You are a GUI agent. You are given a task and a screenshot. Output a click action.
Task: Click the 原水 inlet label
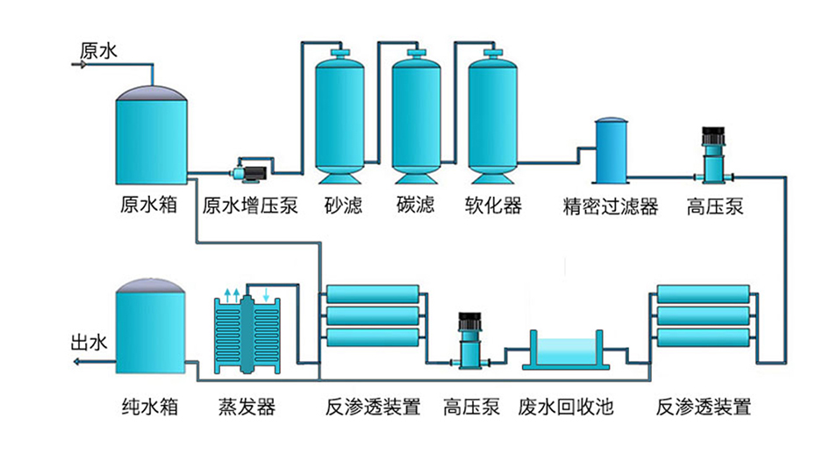tap(97, 51)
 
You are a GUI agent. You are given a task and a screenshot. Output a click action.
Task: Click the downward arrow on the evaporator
tap(267, 294)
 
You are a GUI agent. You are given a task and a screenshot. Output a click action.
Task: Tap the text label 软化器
tap(493, 206)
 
